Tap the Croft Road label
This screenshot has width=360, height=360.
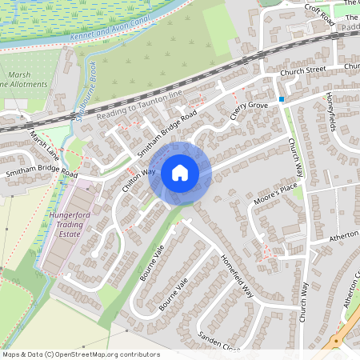click(x=319, y=15)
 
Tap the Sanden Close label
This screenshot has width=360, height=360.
click(x=219, y=342)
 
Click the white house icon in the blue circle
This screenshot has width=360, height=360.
click(x=180, y=173)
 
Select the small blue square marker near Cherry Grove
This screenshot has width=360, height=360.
click(x=282, y=99)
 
